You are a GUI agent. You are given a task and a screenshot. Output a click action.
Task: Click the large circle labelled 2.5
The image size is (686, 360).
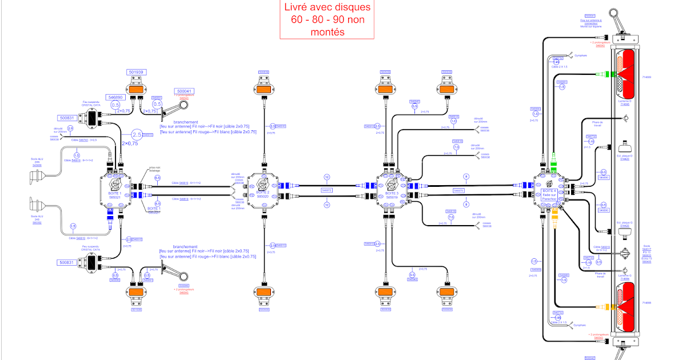tap(136, 135)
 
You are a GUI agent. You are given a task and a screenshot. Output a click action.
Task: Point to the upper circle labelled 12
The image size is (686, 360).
tap(327, 177)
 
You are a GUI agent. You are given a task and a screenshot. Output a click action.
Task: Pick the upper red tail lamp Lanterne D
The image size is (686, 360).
tap(624, 74)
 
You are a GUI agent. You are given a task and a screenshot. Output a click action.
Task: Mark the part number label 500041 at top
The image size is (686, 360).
tap(184, 91)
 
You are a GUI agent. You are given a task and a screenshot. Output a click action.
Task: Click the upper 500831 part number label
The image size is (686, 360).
tap(66, 118)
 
